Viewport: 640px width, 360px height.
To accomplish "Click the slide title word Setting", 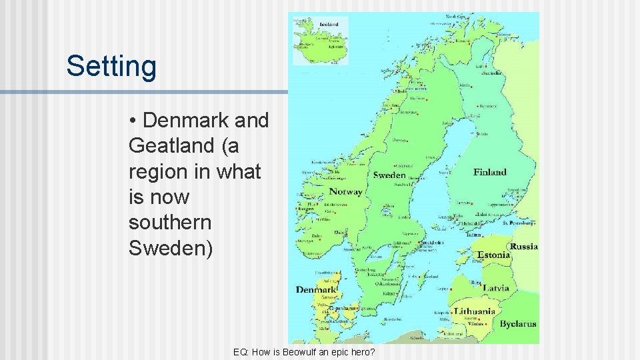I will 111,67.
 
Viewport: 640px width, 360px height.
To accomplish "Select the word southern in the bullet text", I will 169,223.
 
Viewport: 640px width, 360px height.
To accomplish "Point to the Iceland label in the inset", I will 329,25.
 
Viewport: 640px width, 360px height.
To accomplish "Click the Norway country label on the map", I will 346,192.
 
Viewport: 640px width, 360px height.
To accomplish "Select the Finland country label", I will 490,172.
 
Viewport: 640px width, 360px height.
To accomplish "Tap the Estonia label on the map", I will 494,255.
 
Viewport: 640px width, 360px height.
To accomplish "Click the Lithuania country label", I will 475,311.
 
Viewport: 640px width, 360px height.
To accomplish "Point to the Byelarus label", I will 519,325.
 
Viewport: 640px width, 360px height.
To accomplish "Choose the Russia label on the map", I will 524,247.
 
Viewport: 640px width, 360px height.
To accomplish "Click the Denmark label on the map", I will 317,290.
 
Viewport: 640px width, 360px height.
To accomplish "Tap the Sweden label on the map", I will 389,175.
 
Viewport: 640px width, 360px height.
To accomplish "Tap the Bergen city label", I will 306,209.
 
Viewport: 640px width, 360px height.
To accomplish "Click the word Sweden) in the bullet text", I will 171,248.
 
